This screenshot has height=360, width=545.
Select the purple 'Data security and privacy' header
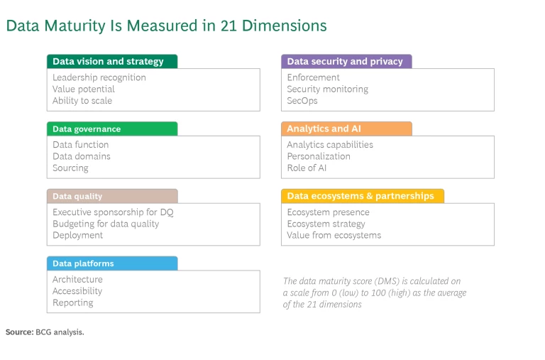[346, 62]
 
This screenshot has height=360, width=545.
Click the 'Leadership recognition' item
[99, 77]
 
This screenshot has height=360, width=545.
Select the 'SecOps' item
[302, 101]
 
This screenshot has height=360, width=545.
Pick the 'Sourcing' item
[70, 168]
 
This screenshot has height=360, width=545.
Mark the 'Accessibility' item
[77, 291]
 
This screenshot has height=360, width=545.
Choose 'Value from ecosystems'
[334, 235]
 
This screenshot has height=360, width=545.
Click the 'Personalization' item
[319, 156]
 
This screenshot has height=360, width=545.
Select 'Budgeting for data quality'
[106, 224]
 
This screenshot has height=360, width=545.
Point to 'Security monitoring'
[327, 89]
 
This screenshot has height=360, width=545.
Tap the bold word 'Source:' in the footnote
[19, 332]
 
